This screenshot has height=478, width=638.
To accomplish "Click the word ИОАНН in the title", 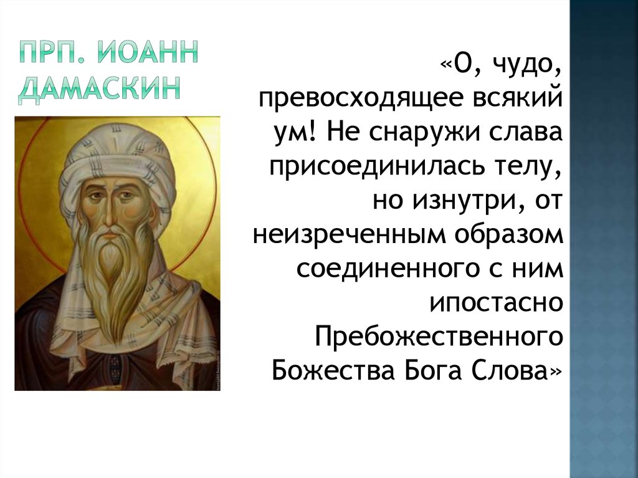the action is point(148,52).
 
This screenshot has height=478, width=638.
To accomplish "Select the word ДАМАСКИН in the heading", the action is point(99,88).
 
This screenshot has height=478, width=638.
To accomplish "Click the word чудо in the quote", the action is point(525,65).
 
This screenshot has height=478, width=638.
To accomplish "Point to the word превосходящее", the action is point(361,99).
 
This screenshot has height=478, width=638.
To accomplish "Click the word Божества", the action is point(333,370).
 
